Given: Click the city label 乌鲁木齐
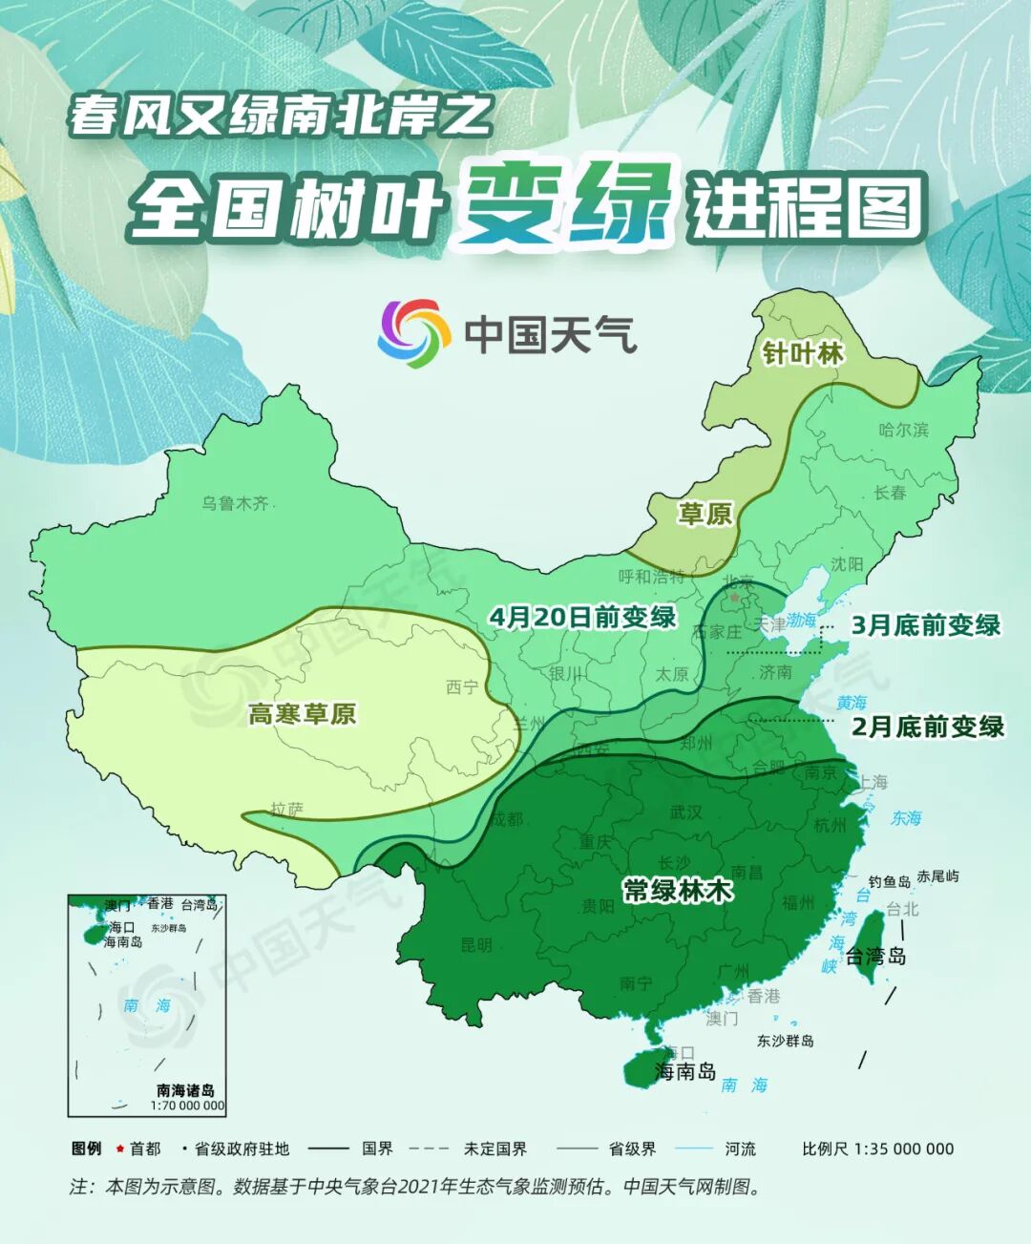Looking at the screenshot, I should [x=235, y=503].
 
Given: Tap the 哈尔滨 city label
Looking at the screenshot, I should [x=903, y=430].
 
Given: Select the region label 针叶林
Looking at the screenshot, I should [x=803, y=354].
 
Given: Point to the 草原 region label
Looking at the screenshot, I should [x=705, y=515].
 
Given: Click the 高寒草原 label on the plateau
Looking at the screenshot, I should [x=302, y=713].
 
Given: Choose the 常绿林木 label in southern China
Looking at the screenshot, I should [x=678, y=890].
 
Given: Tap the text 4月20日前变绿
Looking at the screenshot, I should [x=582, y=617].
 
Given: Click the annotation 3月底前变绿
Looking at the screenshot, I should [x=925, y=625].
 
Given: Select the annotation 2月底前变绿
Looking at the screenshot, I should [x=928, y=727].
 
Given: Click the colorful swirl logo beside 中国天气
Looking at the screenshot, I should [x=413, y=333].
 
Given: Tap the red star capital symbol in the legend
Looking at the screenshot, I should [x=120, y=1149].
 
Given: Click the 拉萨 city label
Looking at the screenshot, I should [x=286, y=809].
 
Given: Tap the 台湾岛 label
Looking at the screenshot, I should [x=875, y=956].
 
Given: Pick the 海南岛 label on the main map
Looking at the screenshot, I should [x=685, y=1071].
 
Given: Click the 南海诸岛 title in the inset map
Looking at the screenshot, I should [x=185, y=1090].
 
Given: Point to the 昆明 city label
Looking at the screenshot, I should [x=476, y=945].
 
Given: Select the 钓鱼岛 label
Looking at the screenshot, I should [x=889, y=881].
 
